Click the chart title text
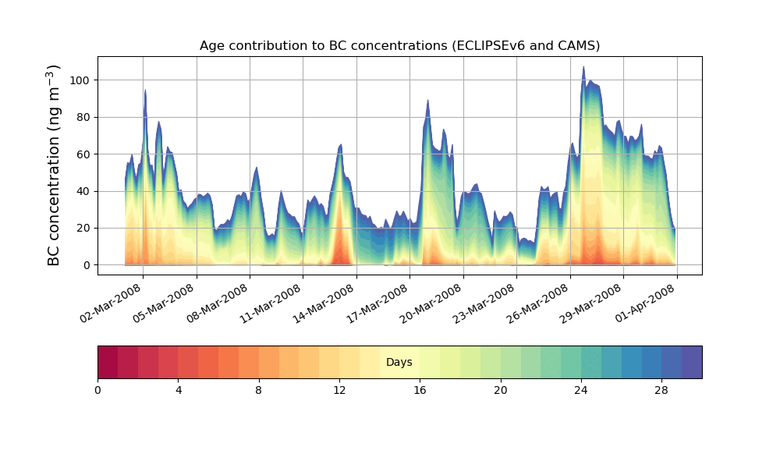pyautogui.click(x=399, y=45)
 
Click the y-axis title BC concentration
pyautogui.click(x=54, y=165)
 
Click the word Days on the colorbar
pyautogui.click(x=399, y=363)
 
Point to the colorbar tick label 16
pyautogui.click(x=420, y=390)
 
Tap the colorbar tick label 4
pyautogui.click(x=178, y=390)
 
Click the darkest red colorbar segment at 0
pyautogui.click(x=108, y=362)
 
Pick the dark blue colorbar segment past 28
pyautogui.click(x=691, y=362)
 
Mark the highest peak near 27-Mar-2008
pyautogui.click(x=583, y=68)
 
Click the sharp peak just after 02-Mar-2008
pyautogui.click(x=145, y=90)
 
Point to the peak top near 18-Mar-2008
pyautogui.click(x=428, y=101)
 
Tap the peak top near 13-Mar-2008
pyautogui.click(x=341, y=146)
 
